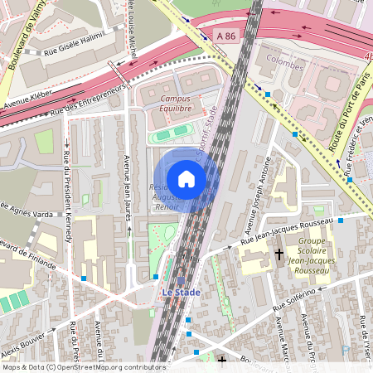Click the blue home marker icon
click(186, 178)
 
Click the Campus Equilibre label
click(176, 103)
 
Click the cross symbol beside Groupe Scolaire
click(279, 254)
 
